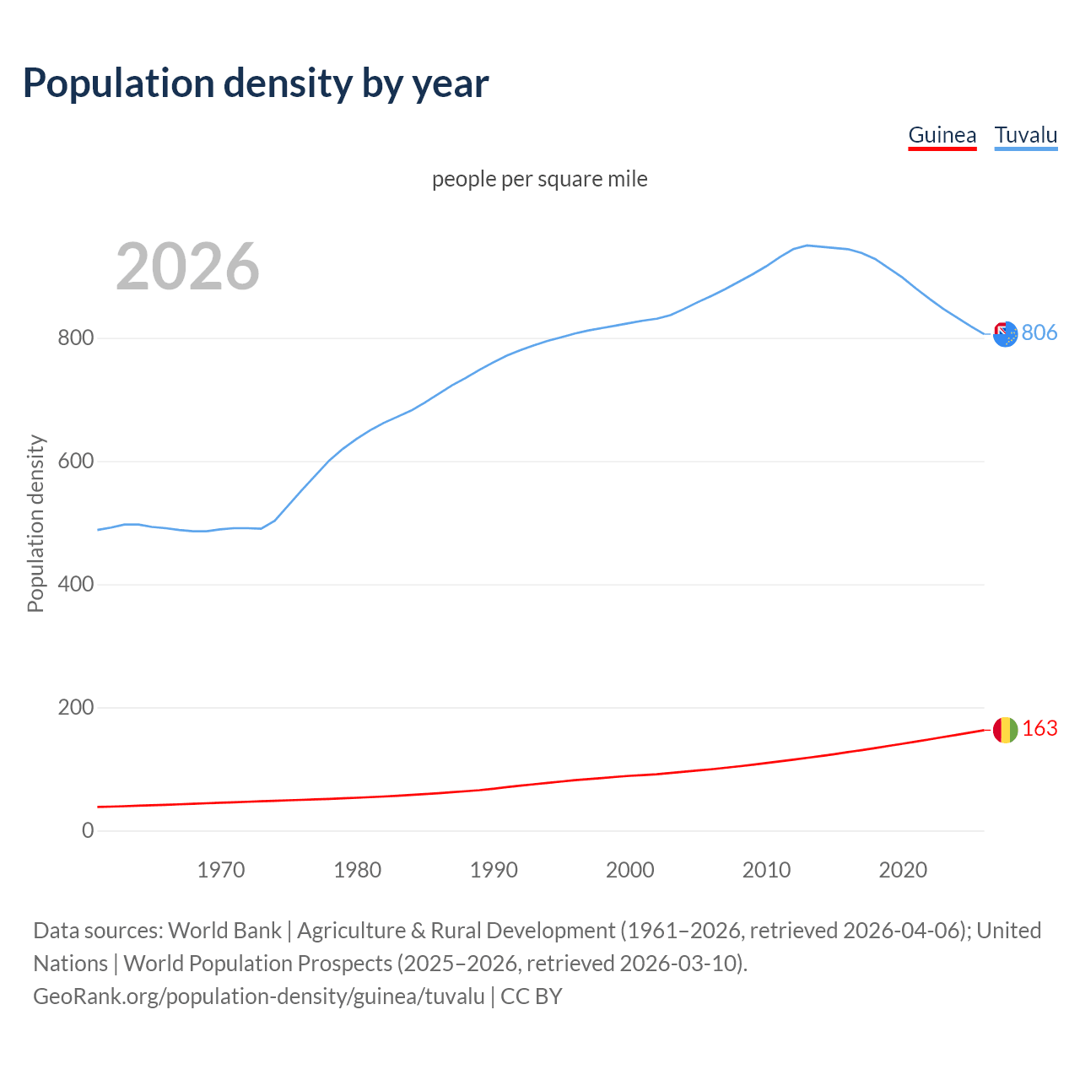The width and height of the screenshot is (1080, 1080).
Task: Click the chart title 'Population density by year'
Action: click(x=256, y=83)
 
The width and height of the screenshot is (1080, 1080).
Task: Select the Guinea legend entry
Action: click(x=942, y=135)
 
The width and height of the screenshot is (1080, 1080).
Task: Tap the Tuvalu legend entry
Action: click(x=1025, y=135)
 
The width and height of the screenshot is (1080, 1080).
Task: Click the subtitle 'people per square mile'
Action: click(x=539, y=179)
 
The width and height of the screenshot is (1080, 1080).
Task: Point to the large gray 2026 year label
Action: click(x=187, y=267)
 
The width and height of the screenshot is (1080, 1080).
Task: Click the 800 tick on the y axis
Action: click(x=75, y=338)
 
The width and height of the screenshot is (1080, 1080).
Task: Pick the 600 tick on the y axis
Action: click(x=75, y=462)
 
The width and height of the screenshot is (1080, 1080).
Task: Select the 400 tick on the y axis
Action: click(x=75, y=585)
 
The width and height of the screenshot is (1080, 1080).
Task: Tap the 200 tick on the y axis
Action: click(x=75, y=708)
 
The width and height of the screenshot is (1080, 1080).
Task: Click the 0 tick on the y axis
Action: click(x=88, y=830)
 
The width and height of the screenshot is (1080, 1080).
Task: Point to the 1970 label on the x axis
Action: click(x=221, y=870)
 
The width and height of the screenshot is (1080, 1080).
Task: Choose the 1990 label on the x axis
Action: click(x=494, y=870)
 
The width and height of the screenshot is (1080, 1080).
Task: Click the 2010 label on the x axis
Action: click(x=766, y=870)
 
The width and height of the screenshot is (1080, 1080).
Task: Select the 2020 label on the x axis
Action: click(x=903, y=870)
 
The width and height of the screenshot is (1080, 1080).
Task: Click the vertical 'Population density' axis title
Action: click(x=35, y=523)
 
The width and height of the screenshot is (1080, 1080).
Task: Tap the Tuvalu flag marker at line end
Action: click(x=1005, y=334)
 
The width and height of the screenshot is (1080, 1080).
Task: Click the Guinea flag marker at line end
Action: click(x=1005, y=730)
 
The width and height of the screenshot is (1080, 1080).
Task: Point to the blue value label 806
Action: click(x=1039, y=332)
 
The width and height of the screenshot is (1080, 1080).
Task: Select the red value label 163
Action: click(x=1039, y=728)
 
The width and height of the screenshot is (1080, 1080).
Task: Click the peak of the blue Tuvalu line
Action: click(x=807, y=246)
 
